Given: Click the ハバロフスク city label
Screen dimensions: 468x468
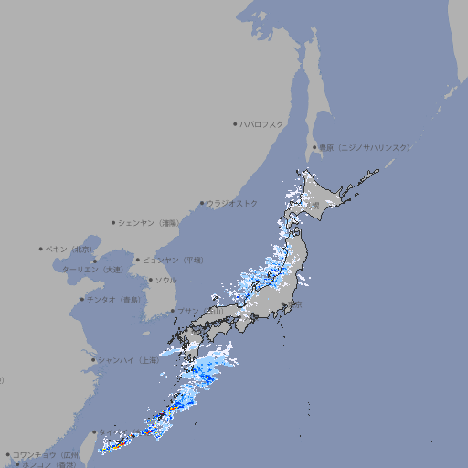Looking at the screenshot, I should click(x=261, y=123).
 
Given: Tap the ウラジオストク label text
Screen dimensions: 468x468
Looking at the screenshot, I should click(x=232, y=203).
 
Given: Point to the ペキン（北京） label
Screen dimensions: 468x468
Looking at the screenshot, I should click(x=69, y=249).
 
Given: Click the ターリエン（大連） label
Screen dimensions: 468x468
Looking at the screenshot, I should click(x=91, y=270).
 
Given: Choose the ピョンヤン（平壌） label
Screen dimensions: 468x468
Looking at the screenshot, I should click(x=173, y=260).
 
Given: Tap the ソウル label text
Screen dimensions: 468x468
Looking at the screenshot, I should click(x=165, y=280).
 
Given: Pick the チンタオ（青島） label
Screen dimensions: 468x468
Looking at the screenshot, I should click(x=114, y=299).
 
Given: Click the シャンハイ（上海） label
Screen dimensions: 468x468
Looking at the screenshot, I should click(x=128, y=360).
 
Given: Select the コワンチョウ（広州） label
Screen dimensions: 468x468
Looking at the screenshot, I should click(x=46, y=454).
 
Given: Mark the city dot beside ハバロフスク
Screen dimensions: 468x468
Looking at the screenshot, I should click(x=235, y=123).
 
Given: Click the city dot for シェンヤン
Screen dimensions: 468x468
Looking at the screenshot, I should click(x=113, y=222).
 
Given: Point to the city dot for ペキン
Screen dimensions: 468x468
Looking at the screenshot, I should click(x=41, y=249).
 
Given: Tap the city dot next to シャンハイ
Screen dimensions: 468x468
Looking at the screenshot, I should click(x=92, y=360).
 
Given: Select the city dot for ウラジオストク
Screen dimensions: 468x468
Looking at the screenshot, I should click(x=202, y=203).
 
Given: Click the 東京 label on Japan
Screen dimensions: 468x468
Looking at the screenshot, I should click(x=297, y=304).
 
